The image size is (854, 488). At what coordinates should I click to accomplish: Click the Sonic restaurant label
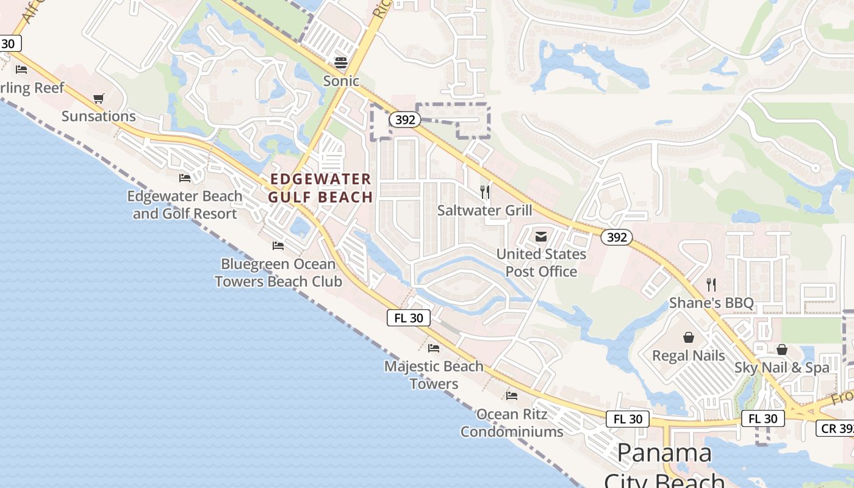(341, 81)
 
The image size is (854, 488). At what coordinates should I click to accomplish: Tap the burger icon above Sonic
(340, 62)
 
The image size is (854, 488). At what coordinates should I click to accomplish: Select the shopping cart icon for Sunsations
(99, 98)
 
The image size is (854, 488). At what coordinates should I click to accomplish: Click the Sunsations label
(99, 116)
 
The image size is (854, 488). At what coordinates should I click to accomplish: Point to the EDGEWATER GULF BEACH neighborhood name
(321, 188)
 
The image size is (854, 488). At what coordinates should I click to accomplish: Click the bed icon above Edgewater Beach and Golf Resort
(185, 178)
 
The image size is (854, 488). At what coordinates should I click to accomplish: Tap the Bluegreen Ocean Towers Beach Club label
(278, 273)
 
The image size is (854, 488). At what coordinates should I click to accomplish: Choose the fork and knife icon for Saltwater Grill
(485, 192)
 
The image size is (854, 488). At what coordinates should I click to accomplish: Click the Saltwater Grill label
(485, 210)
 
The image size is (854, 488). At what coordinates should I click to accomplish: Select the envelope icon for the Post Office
(541, 237)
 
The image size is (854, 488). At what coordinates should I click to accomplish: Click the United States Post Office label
(541, 262)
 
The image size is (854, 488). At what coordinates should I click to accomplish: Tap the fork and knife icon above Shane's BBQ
(711, 284)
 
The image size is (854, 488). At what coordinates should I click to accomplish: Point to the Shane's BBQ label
(711, 303)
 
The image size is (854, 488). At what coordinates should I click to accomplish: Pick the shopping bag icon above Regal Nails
(689, 337)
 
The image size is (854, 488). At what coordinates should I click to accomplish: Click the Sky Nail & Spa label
(781, 367)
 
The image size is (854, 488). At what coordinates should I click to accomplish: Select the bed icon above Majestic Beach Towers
(434, 348)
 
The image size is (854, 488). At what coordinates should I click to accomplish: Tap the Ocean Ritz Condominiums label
(512, 423)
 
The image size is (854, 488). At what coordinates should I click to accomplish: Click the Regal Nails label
(689, 356)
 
